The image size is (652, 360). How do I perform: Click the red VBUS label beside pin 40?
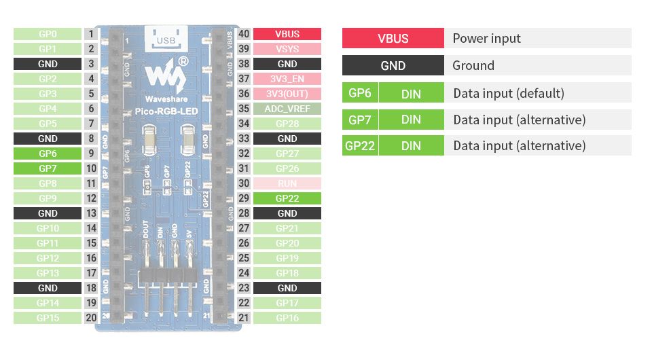pyautogui.click(x=287, y=34)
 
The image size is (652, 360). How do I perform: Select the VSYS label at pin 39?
pyautogui.click(x=287, y=49)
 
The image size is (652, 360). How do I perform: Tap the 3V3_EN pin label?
pyautogui.click(x=287, y=79)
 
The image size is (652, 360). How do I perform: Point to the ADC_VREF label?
pyautogui.click(x=287, y=109)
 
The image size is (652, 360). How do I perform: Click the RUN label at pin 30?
pyautogui.click(x=287, y=183)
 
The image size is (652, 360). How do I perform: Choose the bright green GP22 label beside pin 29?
pyautogui.click(x=287, y=198)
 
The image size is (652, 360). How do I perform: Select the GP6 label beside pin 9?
pyautogui.click(x=48, y=154)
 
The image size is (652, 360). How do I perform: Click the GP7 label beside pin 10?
pyautogui.click(x=48, y=168)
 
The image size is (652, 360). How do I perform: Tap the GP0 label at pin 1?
pyautogui.click(x=48, y=34)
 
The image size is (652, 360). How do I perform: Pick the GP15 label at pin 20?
pyautogui.click(x=48, y=318)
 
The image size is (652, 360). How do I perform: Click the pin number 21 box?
pyautogui.click(x=244, y=318)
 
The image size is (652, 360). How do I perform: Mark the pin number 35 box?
pyautogui.click(x=244, y=109)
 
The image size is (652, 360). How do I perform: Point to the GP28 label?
pyautogui.click(x=287, y=124)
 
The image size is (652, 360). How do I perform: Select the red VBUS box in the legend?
pyautogui.click(x=393, y=38)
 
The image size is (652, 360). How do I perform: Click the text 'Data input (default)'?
pyautogui.click(x=508, y=93)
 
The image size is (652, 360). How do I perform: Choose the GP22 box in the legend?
pyautogui.click(x=360, y=145)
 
